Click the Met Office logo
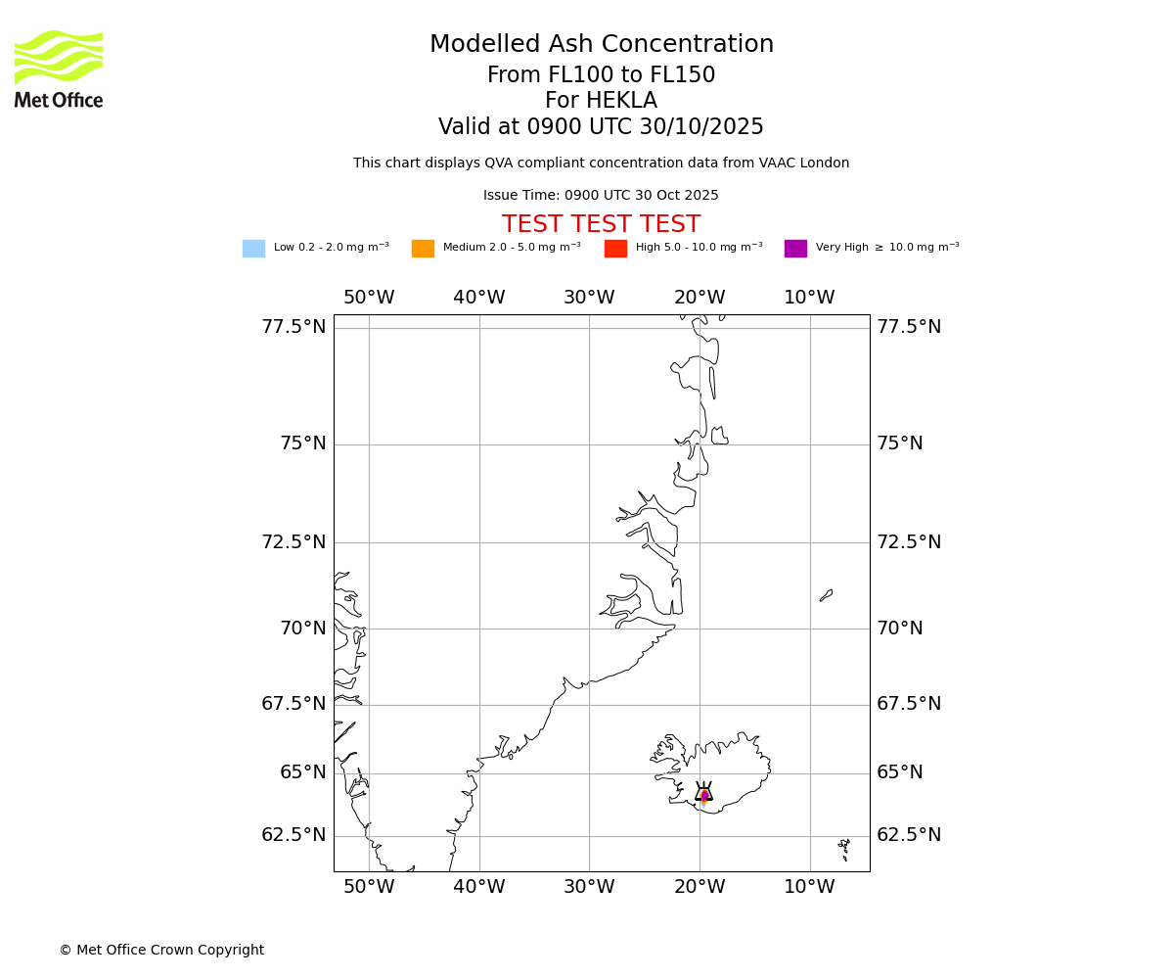[59, 69]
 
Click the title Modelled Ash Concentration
[601, 45]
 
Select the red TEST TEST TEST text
[601, 225]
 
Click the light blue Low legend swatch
[253, 249]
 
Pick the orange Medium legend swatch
[423, 249]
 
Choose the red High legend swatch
[615, 249]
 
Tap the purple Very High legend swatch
[795, 249]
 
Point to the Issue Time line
[601, 196]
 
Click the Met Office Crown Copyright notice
[161, 951]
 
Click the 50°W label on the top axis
[369, 298]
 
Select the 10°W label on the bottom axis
[809, 887]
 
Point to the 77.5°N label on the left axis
[293, 327]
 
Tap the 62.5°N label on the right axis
[909, 835]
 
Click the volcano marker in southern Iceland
[703, 794]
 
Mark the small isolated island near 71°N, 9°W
[826, 595]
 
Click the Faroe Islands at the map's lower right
[843, 844]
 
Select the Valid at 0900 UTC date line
[601, 127]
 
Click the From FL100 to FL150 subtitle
[601, 75]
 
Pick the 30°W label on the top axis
[589, 298]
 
